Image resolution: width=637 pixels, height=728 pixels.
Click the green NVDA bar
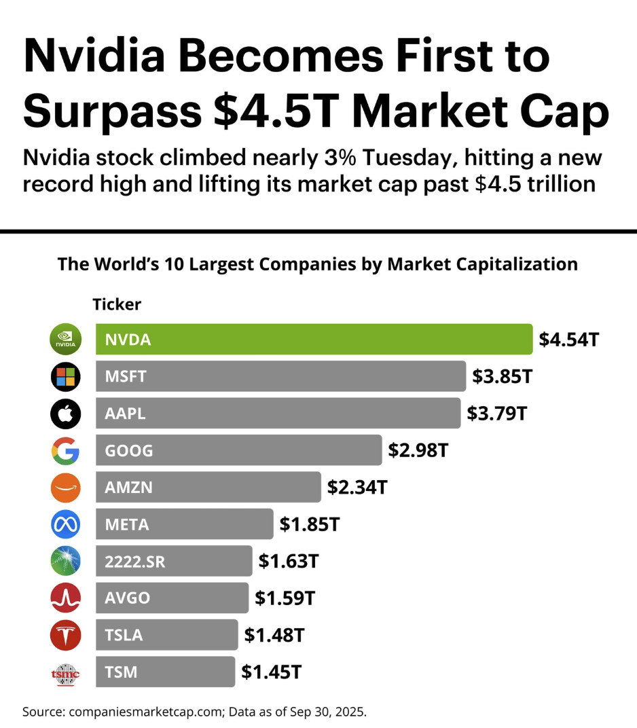click(314, 340)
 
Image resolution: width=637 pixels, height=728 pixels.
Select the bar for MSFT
click(280, 376)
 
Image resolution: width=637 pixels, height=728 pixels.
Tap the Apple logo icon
click(66, 414)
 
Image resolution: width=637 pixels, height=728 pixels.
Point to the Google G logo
click(66, 451)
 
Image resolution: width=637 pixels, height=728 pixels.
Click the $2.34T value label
click(357, 488)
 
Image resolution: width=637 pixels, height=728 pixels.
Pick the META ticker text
click(127, 524)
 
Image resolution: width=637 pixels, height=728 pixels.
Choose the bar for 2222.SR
click(174, 562)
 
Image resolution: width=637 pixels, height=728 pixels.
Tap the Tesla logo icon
click(66, 636)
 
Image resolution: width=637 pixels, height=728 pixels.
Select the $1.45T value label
click(271, 672)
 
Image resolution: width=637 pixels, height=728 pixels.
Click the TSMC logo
click(66, 673)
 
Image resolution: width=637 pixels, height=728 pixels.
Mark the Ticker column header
click(117, 304)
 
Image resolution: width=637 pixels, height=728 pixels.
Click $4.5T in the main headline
click(268, 112)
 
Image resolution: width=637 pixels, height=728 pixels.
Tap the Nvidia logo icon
click(66, 340)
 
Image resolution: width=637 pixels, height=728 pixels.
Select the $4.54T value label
click(568, 340)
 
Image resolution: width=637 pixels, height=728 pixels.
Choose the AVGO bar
click(172, 598)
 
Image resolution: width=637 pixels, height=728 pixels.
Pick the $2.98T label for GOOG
click(418, 450)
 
